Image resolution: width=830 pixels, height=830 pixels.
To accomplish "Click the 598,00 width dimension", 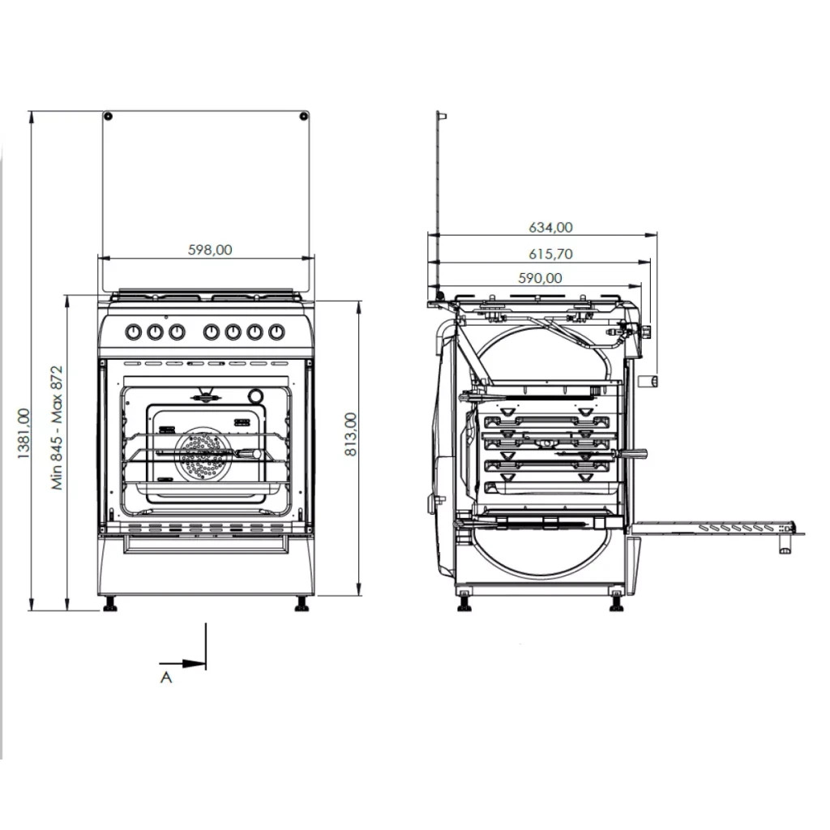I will [210, 250].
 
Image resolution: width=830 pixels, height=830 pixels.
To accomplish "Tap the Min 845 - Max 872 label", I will [57, 426].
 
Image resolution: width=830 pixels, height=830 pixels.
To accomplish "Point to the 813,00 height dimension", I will [350, 434].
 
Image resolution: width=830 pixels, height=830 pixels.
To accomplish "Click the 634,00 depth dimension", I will [551, 228].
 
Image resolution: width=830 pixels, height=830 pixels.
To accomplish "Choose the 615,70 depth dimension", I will [551, 254].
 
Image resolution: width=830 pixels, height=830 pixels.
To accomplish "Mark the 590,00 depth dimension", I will [541, 278].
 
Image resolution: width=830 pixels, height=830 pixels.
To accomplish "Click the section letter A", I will [166, 677].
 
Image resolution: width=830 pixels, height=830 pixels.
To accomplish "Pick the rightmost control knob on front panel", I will [276, 332].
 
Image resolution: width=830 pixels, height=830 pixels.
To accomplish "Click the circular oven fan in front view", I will [203, 454].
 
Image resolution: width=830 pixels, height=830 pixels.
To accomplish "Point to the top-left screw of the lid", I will [108, 117].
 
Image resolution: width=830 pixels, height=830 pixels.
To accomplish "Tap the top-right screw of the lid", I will [303, 117].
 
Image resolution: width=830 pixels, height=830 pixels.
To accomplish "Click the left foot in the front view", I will [109, 604].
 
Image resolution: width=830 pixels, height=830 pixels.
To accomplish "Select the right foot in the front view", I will [302, 604].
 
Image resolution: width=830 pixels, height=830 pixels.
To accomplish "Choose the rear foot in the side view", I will [464, 604].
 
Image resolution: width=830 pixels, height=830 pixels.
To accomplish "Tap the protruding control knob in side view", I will [648, 382].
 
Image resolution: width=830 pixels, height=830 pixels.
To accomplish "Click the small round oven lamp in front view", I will [256, 396].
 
